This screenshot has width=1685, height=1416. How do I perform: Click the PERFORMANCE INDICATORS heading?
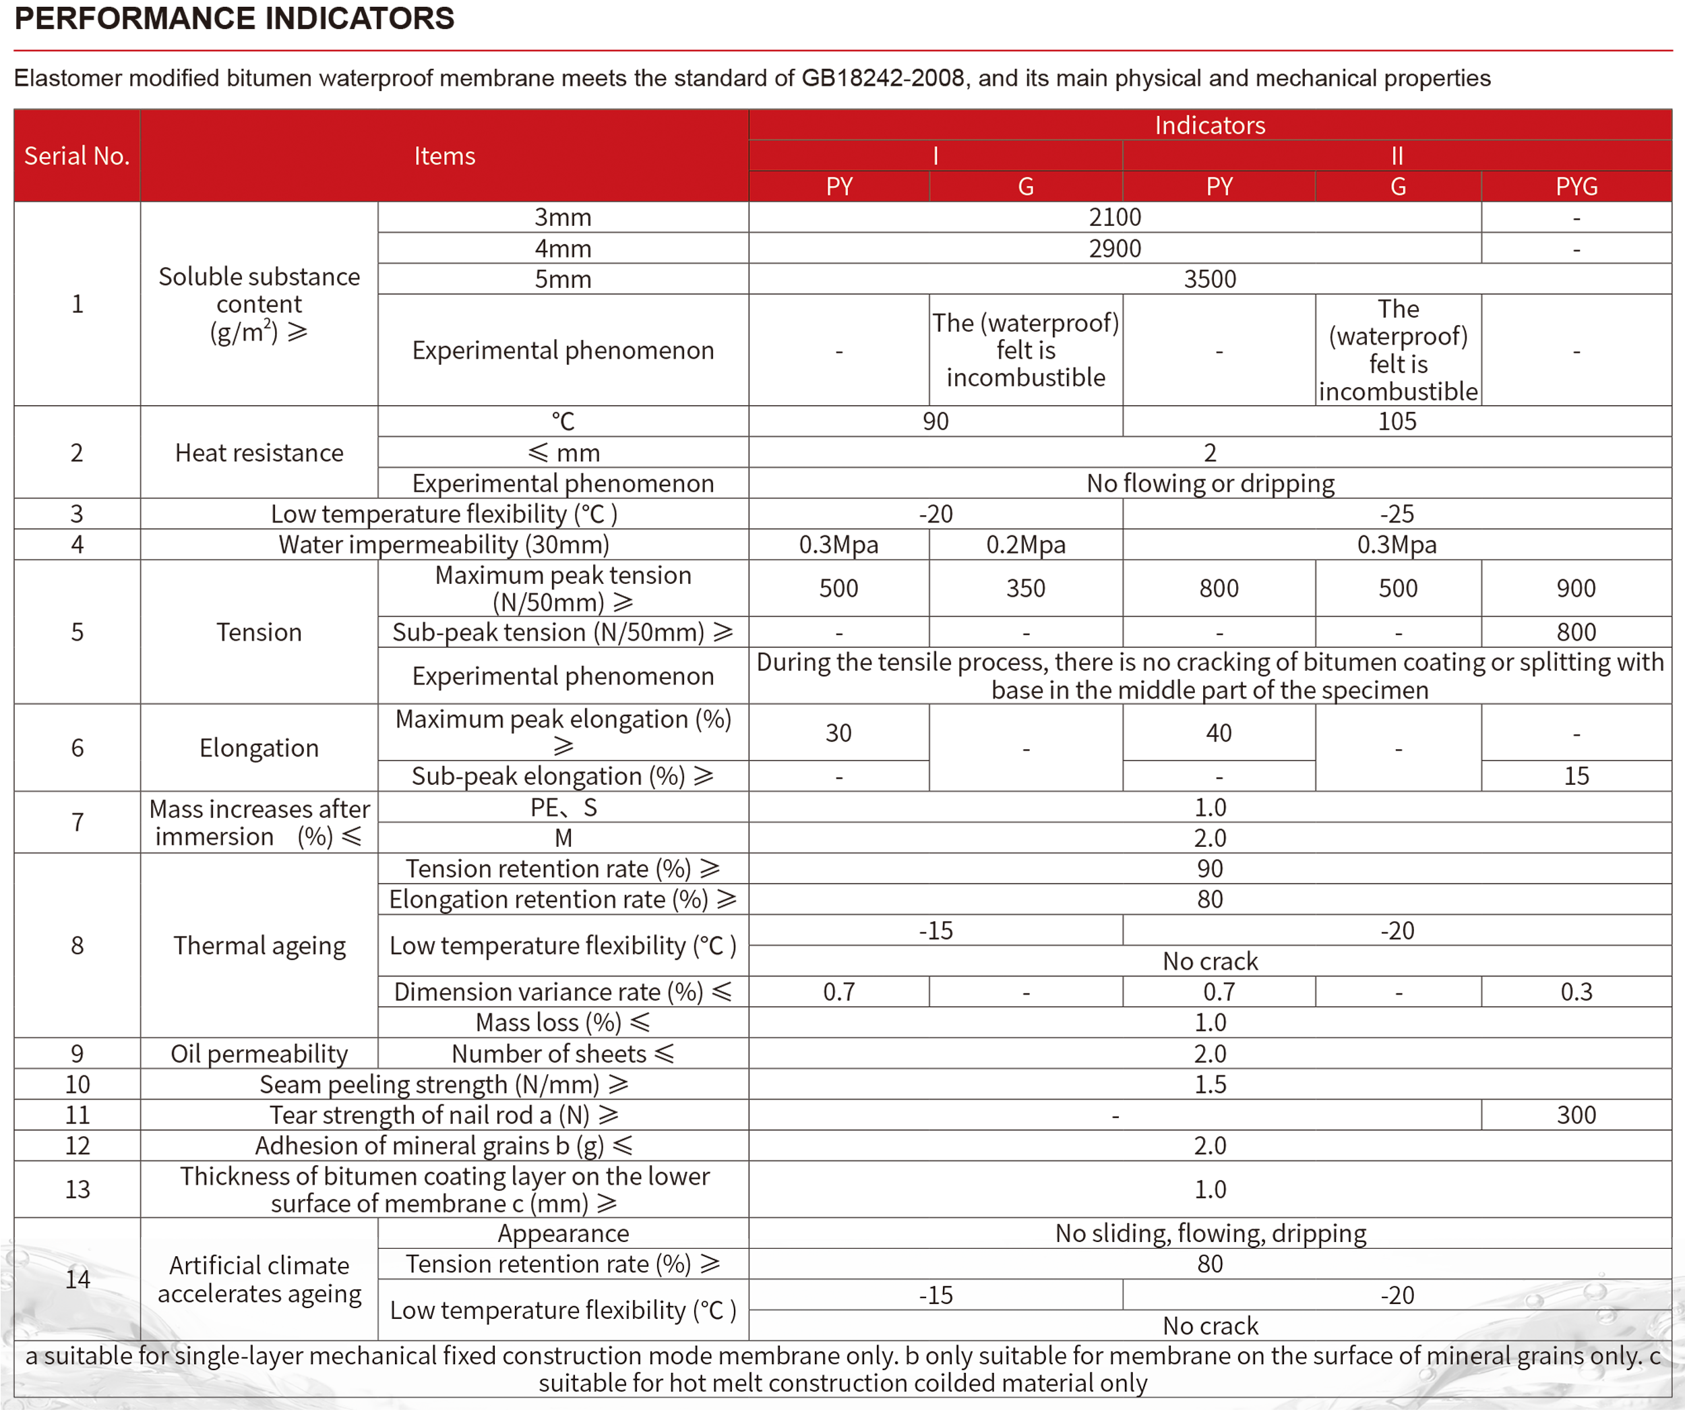pyautogui.click(x=235, y=18)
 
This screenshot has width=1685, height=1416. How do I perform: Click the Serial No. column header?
pyautogui.click(x=77, y=156)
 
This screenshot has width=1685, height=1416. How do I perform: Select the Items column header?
pyautogui.click(x=445, y=156)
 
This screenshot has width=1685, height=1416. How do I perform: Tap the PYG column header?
pyautogui.click(x=1576, y=186)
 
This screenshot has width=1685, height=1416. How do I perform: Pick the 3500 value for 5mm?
pyautogui.click(x=1210, y=279)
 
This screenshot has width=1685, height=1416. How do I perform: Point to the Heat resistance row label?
pyautogui.click(x=259, y=452)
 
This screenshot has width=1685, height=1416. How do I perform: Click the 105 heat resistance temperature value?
pyautogui.click(x=1397, y=421)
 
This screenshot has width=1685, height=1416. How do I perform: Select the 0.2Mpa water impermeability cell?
pyautogui.click(x=1025, y=545)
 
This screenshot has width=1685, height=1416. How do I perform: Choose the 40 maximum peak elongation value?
pyautogui.click(x=1219, y=733)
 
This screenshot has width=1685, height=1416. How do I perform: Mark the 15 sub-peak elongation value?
pyautogui.click(x=1576, y=776)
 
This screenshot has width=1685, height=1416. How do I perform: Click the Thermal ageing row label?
pyautogui.click(x=259, y=945)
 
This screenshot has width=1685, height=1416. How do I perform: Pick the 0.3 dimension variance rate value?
pyautogui.click(x=1576, y=992)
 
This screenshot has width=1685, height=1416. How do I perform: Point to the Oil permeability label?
pyautogui.click(x=259, y=1054)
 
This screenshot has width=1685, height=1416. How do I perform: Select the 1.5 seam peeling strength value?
pyautogui.click(x=1210, y=1084)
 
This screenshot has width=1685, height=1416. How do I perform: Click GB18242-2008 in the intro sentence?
pyautogui.click(x=883, y=78)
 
